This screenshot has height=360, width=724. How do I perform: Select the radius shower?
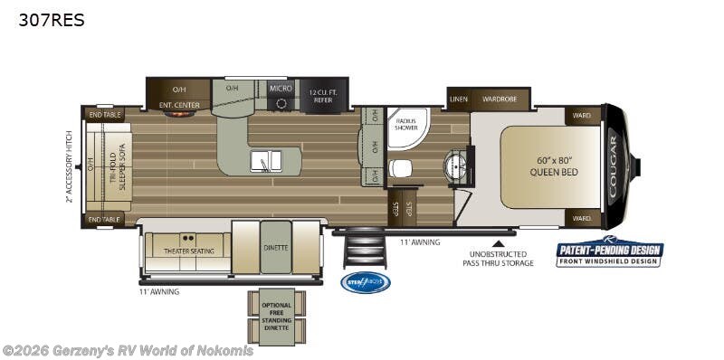pos(407,128)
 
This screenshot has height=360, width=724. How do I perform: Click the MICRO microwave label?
pos(281,88)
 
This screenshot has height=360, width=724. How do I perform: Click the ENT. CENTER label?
pos(179,105)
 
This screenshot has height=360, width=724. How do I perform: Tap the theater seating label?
pos(189,251)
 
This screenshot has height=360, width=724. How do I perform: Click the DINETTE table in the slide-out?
pos(276,246)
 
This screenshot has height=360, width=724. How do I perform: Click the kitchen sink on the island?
pos(267,160)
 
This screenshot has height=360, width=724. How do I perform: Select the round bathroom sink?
pos(453,166)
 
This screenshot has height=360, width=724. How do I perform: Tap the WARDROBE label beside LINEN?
pos(499,99)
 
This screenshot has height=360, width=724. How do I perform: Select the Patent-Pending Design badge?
pos(609,253)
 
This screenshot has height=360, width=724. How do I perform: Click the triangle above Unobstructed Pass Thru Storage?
pos(497,242)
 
